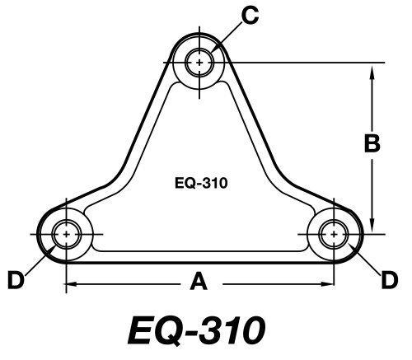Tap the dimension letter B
(x=372, y=143)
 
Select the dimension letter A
(x=198, y=283)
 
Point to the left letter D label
(x=15, y=281)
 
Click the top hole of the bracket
(x=200, y=60)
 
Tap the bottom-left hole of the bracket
(x=64, y=235)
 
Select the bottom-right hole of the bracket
(x=335, y=235)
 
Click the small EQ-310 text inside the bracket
(x=201, y=184)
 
